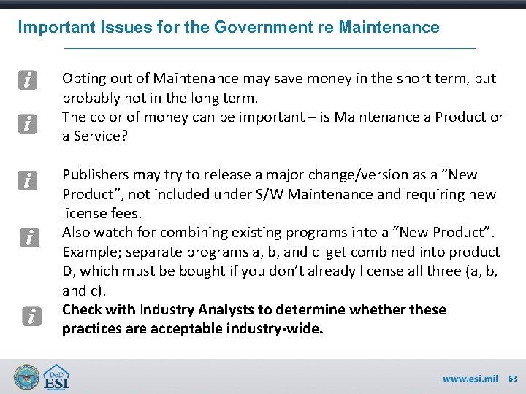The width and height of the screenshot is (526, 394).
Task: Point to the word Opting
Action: pyautogui.click(x=83, y=79)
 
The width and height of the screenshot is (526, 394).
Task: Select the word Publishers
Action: pyautogui.click(x=96, y=175)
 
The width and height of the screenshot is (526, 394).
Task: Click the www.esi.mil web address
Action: pyautogui.click(x=469, y=379)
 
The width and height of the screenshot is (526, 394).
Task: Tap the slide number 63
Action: pyautogui.click(x=512, y=379)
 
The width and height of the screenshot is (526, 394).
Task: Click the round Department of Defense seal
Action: pyautogui.click(x=27, y=376)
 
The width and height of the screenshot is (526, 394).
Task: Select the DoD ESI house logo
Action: pyautogui.click(x=57, y=376)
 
